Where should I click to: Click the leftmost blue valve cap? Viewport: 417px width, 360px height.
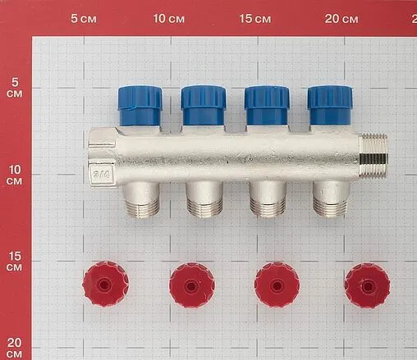tap(140, 106)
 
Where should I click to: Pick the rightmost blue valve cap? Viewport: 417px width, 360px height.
tap(330, 105)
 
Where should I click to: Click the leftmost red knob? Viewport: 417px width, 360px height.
tap(105, 285)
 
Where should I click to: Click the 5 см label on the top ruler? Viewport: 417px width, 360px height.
tap(84, 18)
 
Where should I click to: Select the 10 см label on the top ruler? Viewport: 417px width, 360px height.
tap(169, 18)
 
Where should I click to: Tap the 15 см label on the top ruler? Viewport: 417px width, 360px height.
tap(254, 18)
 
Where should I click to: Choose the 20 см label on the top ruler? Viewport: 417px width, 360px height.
tap(341, 18)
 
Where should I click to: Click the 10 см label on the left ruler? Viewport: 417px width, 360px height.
tap(15, 176)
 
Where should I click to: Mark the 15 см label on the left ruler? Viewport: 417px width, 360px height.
tap(15, 263)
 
